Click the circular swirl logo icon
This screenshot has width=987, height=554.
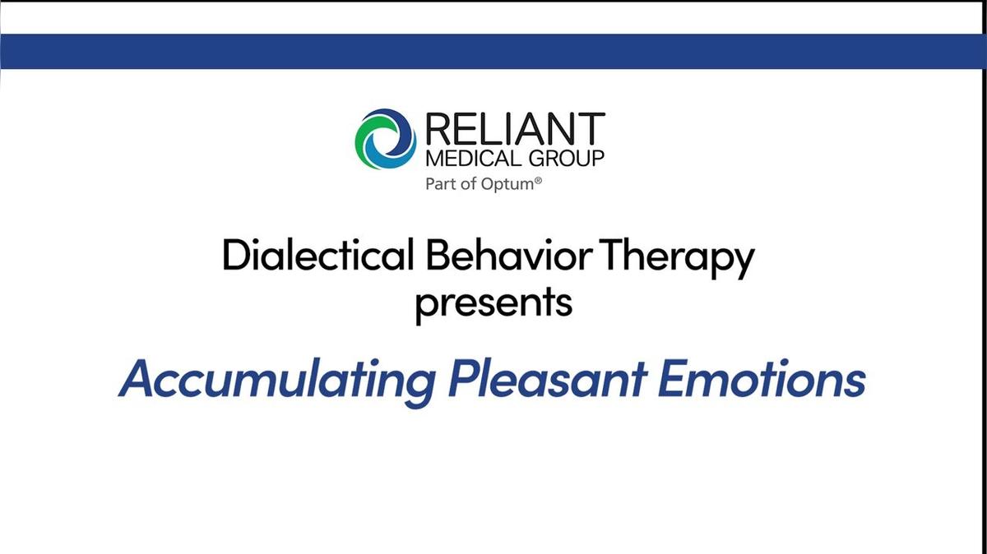386,139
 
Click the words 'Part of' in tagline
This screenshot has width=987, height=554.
449,184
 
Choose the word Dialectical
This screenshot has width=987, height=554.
317,257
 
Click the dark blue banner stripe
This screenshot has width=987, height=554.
493,51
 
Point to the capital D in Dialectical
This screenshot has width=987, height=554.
235,257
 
